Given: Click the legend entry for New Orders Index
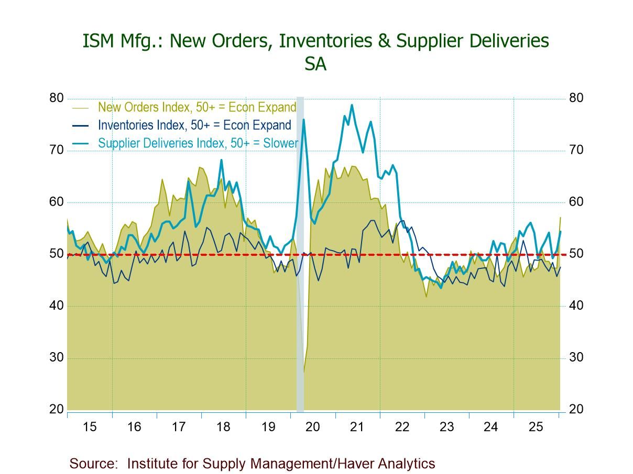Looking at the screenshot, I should click(x=197, y=107).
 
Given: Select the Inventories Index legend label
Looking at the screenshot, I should click(x=194, y=125).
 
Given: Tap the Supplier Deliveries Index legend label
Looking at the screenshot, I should click(x=198, y=143).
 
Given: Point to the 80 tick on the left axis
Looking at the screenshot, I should click(x=57, y=98).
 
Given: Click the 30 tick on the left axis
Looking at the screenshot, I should click(x=57, y=358).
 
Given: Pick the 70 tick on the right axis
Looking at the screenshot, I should click(x=576, y=150).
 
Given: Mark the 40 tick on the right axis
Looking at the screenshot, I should click(x=576, y=306).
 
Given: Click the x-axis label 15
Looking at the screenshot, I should click(x=90, y=427).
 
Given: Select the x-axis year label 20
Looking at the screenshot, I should click(x=312, y=427).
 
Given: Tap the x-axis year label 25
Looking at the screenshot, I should click(x=536, y=427).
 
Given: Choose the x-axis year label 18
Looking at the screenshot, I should click(x=223, y=427).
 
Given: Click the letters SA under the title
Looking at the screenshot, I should click(x=315, y=64).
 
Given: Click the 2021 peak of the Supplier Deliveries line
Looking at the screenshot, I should click(x=352, y=105).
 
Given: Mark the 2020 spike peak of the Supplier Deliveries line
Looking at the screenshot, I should click(x=303, y=120).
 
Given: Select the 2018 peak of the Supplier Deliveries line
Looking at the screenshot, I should click(x=221, y=160).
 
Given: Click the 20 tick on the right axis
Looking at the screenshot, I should click(x=576, y=410).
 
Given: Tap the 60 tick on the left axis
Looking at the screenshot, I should click(x=57, y=202).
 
